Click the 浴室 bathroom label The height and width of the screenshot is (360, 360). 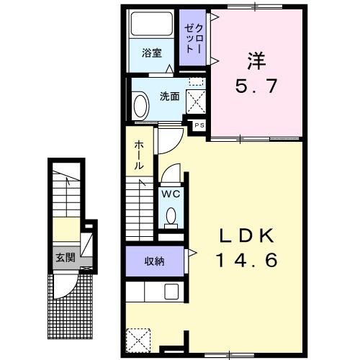(x=152, y=53)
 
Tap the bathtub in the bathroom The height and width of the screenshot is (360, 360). (x=152, y=24)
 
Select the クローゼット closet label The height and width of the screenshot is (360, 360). (x=194, y=38)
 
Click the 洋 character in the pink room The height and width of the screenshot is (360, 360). (x=256, y=61)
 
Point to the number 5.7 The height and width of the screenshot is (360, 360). (x=256, y=86)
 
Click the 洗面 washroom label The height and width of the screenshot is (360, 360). (x=170, y=96)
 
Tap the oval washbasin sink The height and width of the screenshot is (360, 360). (x=140, y=107)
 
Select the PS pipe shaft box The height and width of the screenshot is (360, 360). (x=199, y=125)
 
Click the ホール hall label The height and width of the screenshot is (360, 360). (x=139, y=156)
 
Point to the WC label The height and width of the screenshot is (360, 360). (x=171, y=194)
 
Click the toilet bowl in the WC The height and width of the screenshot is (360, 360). (x=171, y=215)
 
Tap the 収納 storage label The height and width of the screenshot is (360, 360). (x=154, y=261)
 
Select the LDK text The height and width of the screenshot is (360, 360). (x=247, y=235)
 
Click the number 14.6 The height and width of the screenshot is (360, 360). (x=247, y=260)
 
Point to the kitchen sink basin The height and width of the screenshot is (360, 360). (x=171, y=292)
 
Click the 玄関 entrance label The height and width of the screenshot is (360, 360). (x=66, y=258)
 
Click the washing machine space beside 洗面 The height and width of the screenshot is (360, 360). (x=196, y=102)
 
